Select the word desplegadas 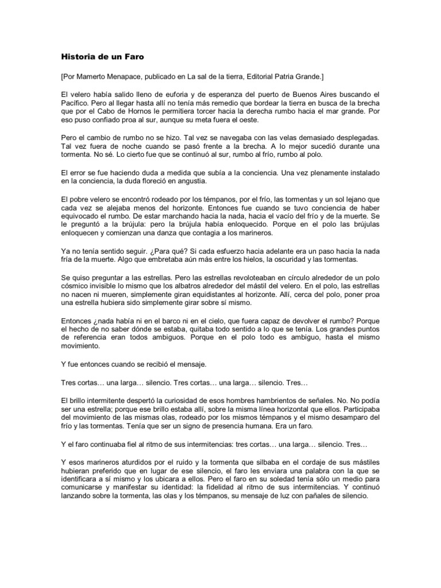(x=351, y=138)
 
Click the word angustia (x=188, y=182)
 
